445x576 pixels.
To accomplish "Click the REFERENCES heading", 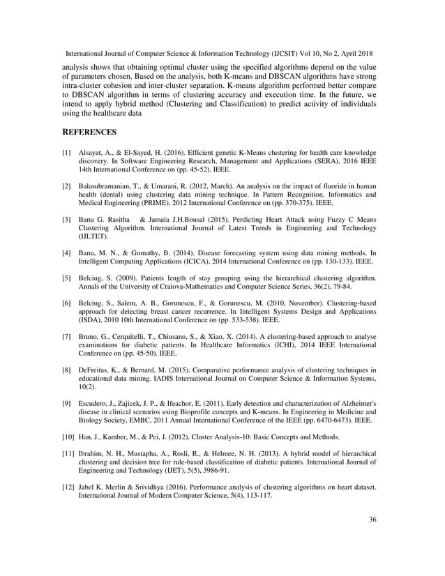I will [x=90, y=131].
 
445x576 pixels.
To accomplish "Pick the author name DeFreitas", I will [x=98, y=370].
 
